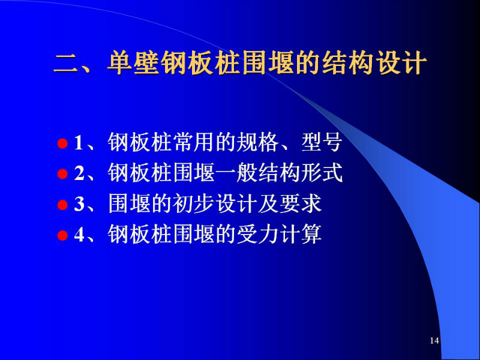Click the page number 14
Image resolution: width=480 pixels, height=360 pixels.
tap(434, 340)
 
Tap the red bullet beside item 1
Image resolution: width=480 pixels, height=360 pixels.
tap(62, 143)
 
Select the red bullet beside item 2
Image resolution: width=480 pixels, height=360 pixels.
tap(62, 174)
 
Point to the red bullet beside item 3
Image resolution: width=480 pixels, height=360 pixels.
tap(62, 205)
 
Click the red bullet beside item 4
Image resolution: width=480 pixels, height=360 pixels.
tap(62, 235)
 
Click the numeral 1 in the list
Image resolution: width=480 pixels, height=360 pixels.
tap(79, 143)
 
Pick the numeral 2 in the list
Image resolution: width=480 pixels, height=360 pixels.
tap(79, 173)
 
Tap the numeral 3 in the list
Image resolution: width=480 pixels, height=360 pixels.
tap(79, 204)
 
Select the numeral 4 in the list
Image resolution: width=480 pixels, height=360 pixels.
tap(79, 235)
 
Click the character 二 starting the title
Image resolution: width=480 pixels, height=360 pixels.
tap(67, 64)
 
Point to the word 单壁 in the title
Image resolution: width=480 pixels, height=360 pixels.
tap(134, 63)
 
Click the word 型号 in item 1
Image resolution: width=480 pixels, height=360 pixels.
tap(322, 143)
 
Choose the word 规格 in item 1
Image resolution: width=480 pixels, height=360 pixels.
tap(257, 143)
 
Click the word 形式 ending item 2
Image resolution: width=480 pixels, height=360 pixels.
tap(322, 173)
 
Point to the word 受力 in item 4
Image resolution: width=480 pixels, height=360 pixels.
tap(257, 235)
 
